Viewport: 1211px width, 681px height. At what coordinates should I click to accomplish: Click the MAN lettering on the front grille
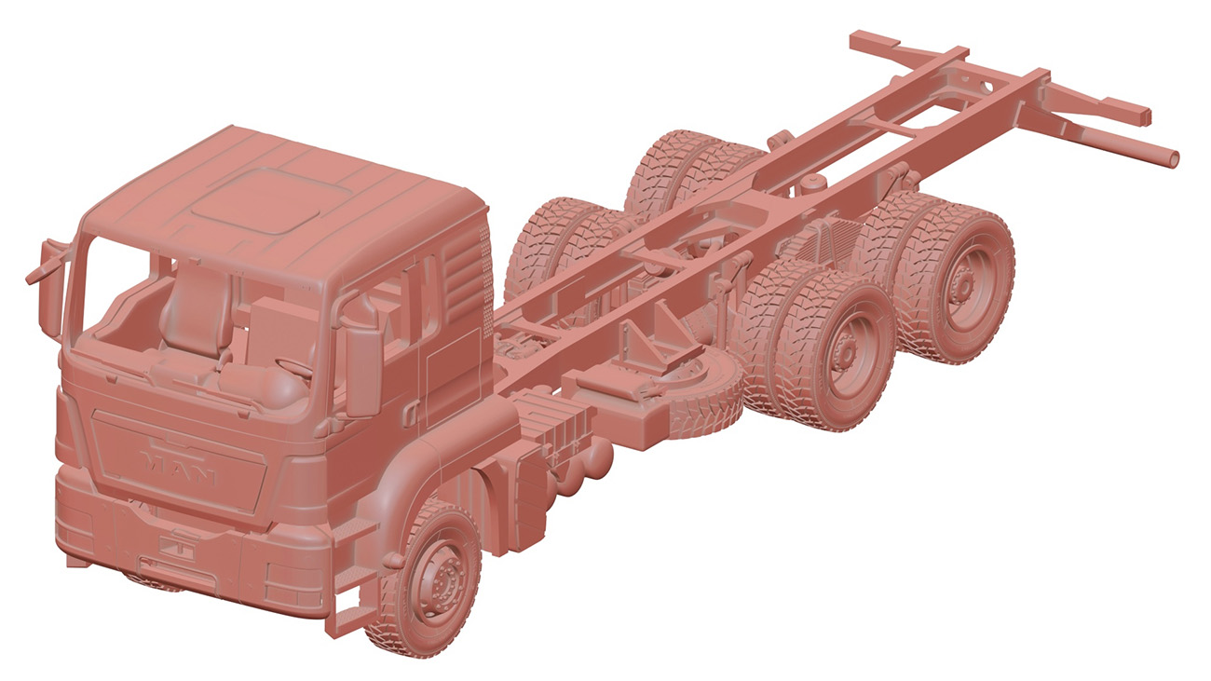(178, 466)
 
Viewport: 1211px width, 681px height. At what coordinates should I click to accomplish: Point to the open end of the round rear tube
(1173, 158)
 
